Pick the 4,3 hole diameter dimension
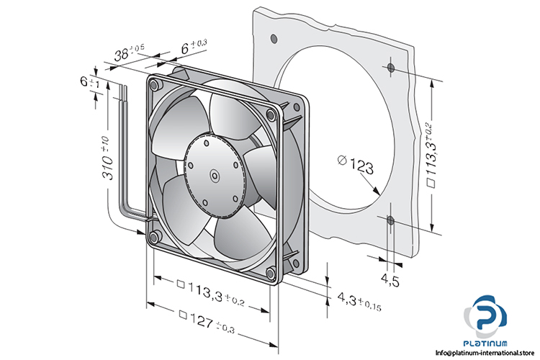coord(356,300)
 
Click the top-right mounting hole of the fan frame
coord(270,114)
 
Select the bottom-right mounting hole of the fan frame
coord(269,272)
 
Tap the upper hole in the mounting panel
coord(390,68)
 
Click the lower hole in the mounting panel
coord(390,220)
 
